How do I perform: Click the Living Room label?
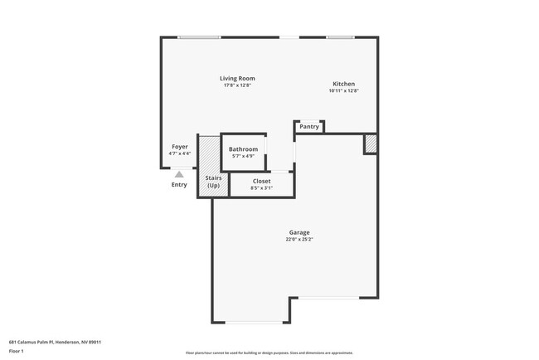(237, 78)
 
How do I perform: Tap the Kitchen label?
(344, 84)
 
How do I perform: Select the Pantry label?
(309, 127)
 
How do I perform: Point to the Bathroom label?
(244, 148)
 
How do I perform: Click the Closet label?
(261, 181)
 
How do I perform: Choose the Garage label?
(299, 232)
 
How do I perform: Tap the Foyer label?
(180, 147)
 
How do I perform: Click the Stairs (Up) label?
(213, 182)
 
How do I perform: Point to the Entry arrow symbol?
(179, 173)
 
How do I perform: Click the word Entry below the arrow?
(179, 184)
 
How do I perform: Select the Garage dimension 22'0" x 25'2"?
(299, 240)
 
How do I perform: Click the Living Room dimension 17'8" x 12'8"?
(237, 85)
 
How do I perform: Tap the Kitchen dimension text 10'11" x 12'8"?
(344, 91)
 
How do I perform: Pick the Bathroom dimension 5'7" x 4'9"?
(244, 156)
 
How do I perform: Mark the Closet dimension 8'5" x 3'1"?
(261, 188)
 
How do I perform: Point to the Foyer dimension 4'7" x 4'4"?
(180, 153)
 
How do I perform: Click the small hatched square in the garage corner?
(371, 144)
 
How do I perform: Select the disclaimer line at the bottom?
(269, 352)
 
